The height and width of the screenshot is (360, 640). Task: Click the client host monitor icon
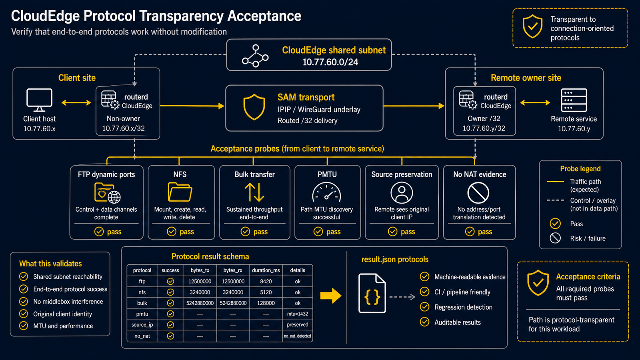coord(39,100)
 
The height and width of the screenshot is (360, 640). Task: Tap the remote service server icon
coord(574,100)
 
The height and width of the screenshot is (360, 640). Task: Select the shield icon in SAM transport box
coord(254,107)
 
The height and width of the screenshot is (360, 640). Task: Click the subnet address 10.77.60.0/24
coord(330,62)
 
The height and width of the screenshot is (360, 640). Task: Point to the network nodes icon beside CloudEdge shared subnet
coord(255,56)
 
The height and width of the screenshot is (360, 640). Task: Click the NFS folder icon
coord(180,192)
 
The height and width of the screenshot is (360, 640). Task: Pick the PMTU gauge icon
coord(326,192)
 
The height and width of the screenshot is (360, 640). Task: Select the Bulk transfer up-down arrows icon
coord(254,192)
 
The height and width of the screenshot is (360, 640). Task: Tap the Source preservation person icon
coord(402,193)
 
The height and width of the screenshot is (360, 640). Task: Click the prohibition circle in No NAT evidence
coord(478,193)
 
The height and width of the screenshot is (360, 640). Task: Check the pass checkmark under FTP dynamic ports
coord(99,232)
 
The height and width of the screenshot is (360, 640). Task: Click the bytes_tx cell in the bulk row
coord(200,303)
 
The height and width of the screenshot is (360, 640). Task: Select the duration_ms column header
coord(266,270)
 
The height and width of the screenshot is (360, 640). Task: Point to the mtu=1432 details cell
coord(298,314)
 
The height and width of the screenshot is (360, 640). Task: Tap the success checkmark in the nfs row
coord(170,292)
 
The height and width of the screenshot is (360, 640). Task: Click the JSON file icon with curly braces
coord(372,293)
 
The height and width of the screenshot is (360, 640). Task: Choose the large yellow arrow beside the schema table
coord(330,296)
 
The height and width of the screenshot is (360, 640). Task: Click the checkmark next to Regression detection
coord(424,307)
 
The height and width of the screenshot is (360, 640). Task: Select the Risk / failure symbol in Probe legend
coord(555,238)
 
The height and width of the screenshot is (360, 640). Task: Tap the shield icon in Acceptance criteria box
coord(538,282)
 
